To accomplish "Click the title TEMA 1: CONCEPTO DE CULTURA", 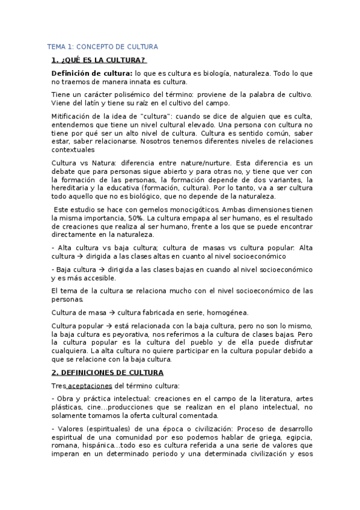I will (x=103, y=46).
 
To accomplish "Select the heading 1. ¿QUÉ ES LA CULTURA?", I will (x=99, y=60).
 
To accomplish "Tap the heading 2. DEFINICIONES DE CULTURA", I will (x=108, y=372).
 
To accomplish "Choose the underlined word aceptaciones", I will (x=91, y=386).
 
